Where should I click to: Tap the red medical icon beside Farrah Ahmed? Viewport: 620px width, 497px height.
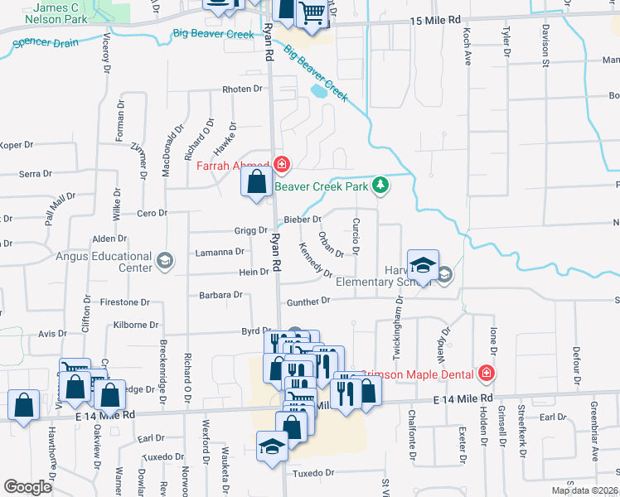click(282, 164)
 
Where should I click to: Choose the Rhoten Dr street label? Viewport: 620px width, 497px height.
click(241, 89)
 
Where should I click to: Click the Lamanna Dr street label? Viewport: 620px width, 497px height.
click(219, 251)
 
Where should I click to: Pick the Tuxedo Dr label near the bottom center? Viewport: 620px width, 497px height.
click(312, 474)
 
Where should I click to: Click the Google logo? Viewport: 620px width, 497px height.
click(27, 487)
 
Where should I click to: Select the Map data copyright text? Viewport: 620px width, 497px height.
click(585, 490)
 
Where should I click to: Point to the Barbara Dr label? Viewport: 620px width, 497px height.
click(220, 294)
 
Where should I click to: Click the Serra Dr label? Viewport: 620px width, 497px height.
click(36, 174)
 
